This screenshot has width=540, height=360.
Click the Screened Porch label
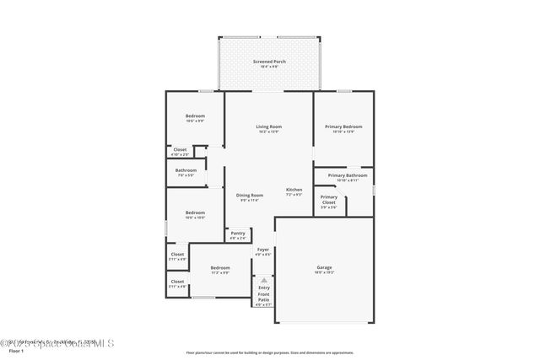click(269, 62)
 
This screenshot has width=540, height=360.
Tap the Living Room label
click(269, 127)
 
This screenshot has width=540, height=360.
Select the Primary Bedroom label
click(343, 127)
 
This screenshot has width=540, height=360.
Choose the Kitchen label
click(294, 190)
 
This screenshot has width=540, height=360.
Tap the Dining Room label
click(249, 196)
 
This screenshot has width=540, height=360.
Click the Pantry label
click(238, 234)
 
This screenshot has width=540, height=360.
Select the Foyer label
click(263, 250)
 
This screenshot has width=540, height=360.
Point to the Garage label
click(324, 268)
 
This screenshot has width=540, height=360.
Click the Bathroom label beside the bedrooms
click(186, 170)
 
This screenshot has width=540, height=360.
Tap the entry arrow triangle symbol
click(263, 279)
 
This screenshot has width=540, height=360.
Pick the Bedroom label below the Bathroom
click(195, 212)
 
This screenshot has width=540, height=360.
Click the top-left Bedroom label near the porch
click(195, 116)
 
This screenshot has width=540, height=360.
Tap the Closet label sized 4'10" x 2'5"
click(180, 150)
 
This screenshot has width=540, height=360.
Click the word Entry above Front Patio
click(264, 287)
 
